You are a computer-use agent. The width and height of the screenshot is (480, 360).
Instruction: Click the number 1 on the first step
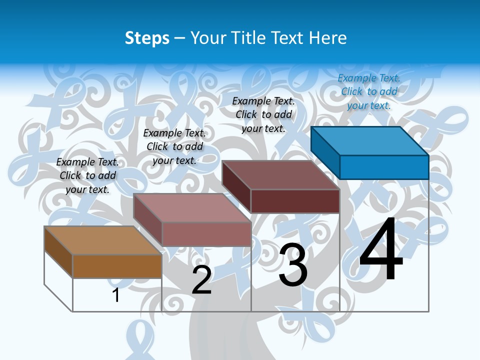tap(116, 295)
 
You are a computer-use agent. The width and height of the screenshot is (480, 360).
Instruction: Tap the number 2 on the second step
tap(201, 280)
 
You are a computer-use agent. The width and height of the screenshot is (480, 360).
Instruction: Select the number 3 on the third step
tap(293, 265)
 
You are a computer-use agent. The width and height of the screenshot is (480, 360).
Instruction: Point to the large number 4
tap(381, 250)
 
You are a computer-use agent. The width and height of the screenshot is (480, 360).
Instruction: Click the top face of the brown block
tap(102, 240)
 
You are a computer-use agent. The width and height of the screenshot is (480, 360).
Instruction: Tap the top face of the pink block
tap(191, 207)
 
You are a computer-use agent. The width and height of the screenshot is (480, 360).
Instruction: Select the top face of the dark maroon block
tap(280, 175)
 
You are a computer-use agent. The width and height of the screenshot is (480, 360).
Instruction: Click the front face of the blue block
tap(384, 167)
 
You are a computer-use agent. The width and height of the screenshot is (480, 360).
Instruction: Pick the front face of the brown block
tap(117, 266)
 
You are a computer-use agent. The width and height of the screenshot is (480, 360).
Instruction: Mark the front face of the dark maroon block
tap(295, 201)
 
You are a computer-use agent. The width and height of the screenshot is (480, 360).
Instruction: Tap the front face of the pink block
tap(206, 234)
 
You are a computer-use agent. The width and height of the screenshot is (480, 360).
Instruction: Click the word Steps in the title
tap(147, 38)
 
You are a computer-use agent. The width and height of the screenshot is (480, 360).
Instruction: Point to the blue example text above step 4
tap(369, 91)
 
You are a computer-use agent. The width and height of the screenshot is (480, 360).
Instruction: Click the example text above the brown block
tap(87, 175)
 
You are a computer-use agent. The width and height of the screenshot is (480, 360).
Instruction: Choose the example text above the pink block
tap(174, 146)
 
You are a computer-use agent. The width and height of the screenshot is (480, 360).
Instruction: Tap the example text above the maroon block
tap(263, 114)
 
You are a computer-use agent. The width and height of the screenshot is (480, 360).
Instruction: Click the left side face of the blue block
tap(325, 152)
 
